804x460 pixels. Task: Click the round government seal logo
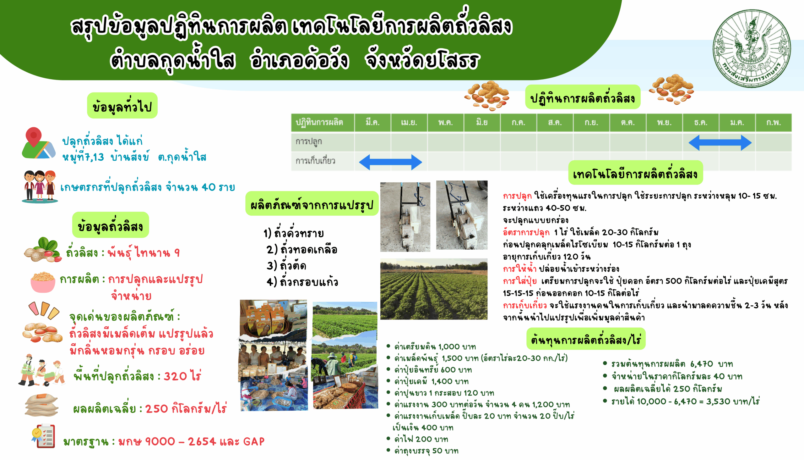click(x=752, y=48)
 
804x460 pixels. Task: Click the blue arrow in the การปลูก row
click(x=720, y=143)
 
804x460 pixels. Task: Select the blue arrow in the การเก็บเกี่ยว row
click(x=390, y=162)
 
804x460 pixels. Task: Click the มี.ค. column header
click(x=373, y=122)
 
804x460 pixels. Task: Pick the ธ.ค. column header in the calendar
click(x=701, y=122)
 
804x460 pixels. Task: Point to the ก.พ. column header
click(x=774, y=122)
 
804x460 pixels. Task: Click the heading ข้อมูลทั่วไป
click(x=122, y=106)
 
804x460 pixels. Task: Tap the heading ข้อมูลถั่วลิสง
click(x=111, y=225)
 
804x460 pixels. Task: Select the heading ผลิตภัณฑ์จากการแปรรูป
click(x=312, y=204)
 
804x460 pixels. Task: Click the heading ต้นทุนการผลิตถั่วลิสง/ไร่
click(x=586, y=339)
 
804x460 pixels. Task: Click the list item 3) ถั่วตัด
click(x=286, y=265)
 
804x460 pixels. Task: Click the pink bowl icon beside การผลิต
click(x=43, y=282)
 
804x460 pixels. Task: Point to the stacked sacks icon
click(x=41, y=405)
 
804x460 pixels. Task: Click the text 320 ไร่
click(x=182, y=376)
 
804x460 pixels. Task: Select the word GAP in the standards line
click(x=254, y=441)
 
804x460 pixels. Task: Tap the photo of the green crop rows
click(x=433, y=289)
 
